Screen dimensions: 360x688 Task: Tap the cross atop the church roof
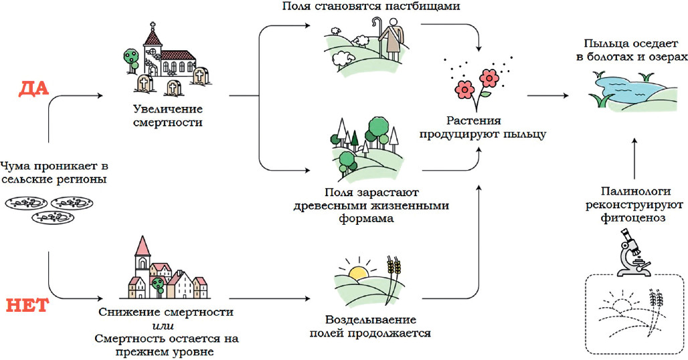153,27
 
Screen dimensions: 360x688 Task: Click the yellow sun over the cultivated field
359,272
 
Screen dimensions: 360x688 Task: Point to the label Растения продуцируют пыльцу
483,128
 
